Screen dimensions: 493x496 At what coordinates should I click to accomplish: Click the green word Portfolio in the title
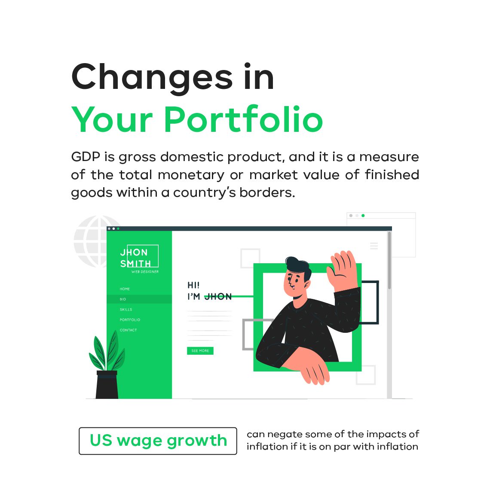click(x=243, y=119)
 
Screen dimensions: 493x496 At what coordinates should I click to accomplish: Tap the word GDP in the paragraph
click(x=86, y=157)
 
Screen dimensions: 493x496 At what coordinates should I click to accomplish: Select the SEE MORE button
click(x=200, y=350)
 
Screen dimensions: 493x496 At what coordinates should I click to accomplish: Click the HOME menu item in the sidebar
click(x=125, y=289)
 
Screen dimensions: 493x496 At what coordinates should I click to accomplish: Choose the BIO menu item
click(x=123, y=299)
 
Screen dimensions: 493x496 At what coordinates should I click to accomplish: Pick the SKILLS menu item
click(x=126, y=309)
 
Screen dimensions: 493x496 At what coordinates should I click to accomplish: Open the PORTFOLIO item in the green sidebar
click(x=130, y=320)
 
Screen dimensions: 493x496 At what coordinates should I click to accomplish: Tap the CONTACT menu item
click(x=128, y=330)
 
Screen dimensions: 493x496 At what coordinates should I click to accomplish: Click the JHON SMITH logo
click(x=139, y=257)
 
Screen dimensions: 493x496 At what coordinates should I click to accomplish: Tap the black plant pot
click(x=107, y=385)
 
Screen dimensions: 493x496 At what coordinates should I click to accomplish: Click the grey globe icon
click(x=90, y=241)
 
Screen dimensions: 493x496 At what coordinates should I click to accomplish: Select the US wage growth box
click(x=158, y=441)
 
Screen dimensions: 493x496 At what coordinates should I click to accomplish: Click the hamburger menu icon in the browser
click(x=374, y=246)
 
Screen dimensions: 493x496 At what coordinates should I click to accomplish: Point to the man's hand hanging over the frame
click(x=313, y=368)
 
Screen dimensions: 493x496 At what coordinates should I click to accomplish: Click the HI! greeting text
click(x=193, y=285)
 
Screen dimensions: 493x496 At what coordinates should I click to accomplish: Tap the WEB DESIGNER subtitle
click(x=145, y=272)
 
